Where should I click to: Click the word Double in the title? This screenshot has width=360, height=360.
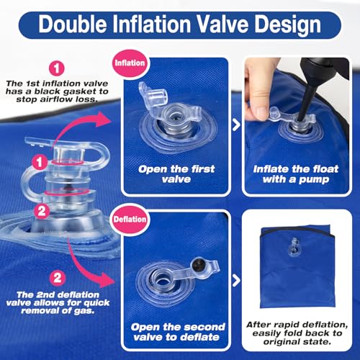pos(73,24)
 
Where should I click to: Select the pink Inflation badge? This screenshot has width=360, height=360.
pos(130,63)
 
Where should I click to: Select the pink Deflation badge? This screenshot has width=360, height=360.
pos(130,220)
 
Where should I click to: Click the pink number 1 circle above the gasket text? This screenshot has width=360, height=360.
pos(57,68)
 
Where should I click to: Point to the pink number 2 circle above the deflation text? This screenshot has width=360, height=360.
pos(58,278)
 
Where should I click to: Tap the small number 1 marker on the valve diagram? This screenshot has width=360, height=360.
pos(40,163)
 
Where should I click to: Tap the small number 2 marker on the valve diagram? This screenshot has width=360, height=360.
pos(42,211)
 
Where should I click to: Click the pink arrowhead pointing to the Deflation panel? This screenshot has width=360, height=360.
pos(106,280)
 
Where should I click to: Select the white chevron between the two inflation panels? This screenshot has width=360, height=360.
pos(236,125)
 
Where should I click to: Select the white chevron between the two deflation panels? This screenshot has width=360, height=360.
pos(236,280)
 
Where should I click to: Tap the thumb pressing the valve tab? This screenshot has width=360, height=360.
pos(257,109)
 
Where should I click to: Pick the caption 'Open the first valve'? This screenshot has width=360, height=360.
pos(176,174)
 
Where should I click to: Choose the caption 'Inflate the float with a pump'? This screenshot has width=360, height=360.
pos(296,174)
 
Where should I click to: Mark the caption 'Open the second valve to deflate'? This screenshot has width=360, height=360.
pos(178,332)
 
